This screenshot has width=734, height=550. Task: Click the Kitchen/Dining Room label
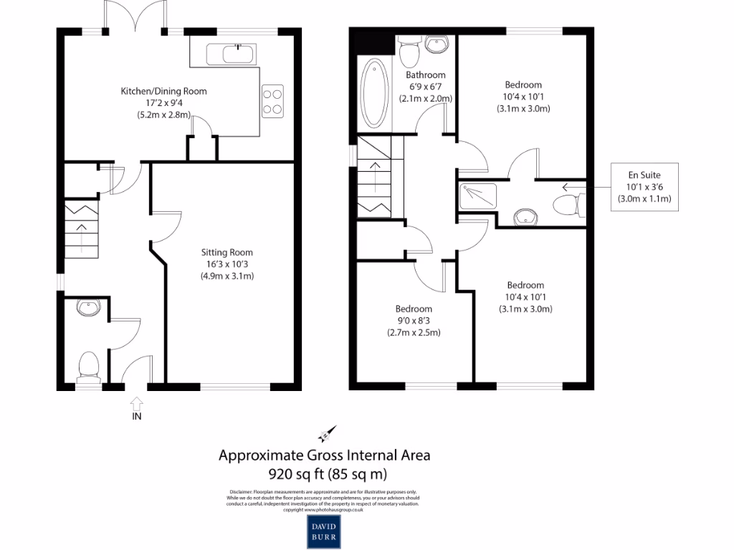pos(163,102)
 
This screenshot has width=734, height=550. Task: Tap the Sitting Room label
pos(227,264)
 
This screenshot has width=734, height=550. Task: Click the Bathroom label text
pos(426,74)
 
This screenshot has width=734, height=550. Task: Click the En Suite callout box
pos(644,186)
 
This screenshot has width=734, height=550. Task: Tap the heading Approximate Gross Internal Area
pos(324,455)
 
